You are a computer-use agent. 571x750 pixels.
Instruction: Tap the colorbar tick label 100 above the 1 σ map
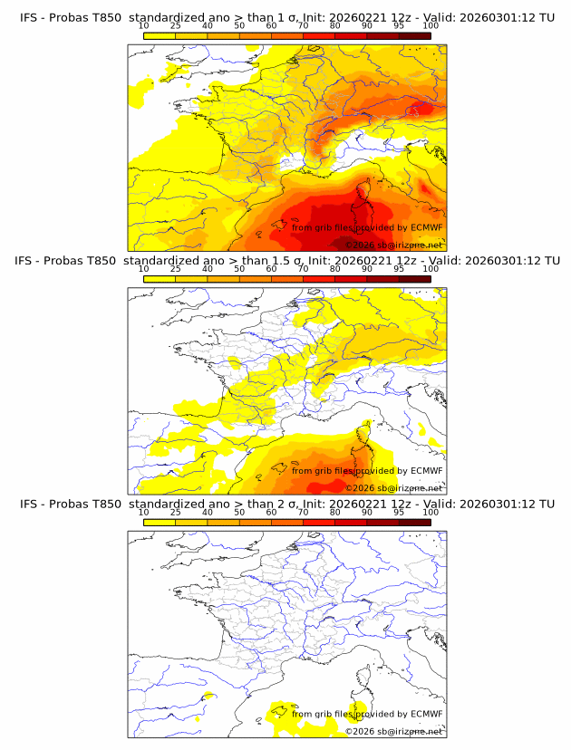point(431,25)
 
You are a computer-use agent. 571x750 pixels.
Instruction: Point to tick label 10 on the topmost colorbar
point(143,25)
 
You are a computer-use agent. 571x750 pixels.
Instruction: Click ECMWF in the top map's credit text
point(427,227)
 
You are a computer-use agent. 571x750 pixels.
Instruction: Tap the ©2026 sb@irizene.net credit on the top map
point(394,245)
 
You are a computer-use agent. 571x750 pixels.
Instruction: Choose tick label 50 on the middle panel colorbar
point(239,268)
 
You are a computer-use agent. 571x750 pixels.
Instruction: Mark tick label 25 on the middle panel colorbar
point(175,268)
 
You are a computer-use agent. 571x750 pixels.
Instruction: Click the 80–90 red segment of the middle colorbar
point(351,278)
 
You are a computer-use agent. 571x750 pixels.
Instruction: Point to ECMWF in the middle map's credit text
point(427,470)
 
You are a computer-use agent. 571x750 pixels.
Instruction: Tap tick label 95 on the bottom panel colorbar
point(399,512)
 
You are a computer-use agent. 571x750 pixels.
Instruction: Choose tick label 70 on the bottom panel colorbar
point(303,512)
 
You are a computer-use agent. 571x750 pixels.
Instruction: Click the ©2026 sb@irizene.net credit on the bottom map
point(394,731)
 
